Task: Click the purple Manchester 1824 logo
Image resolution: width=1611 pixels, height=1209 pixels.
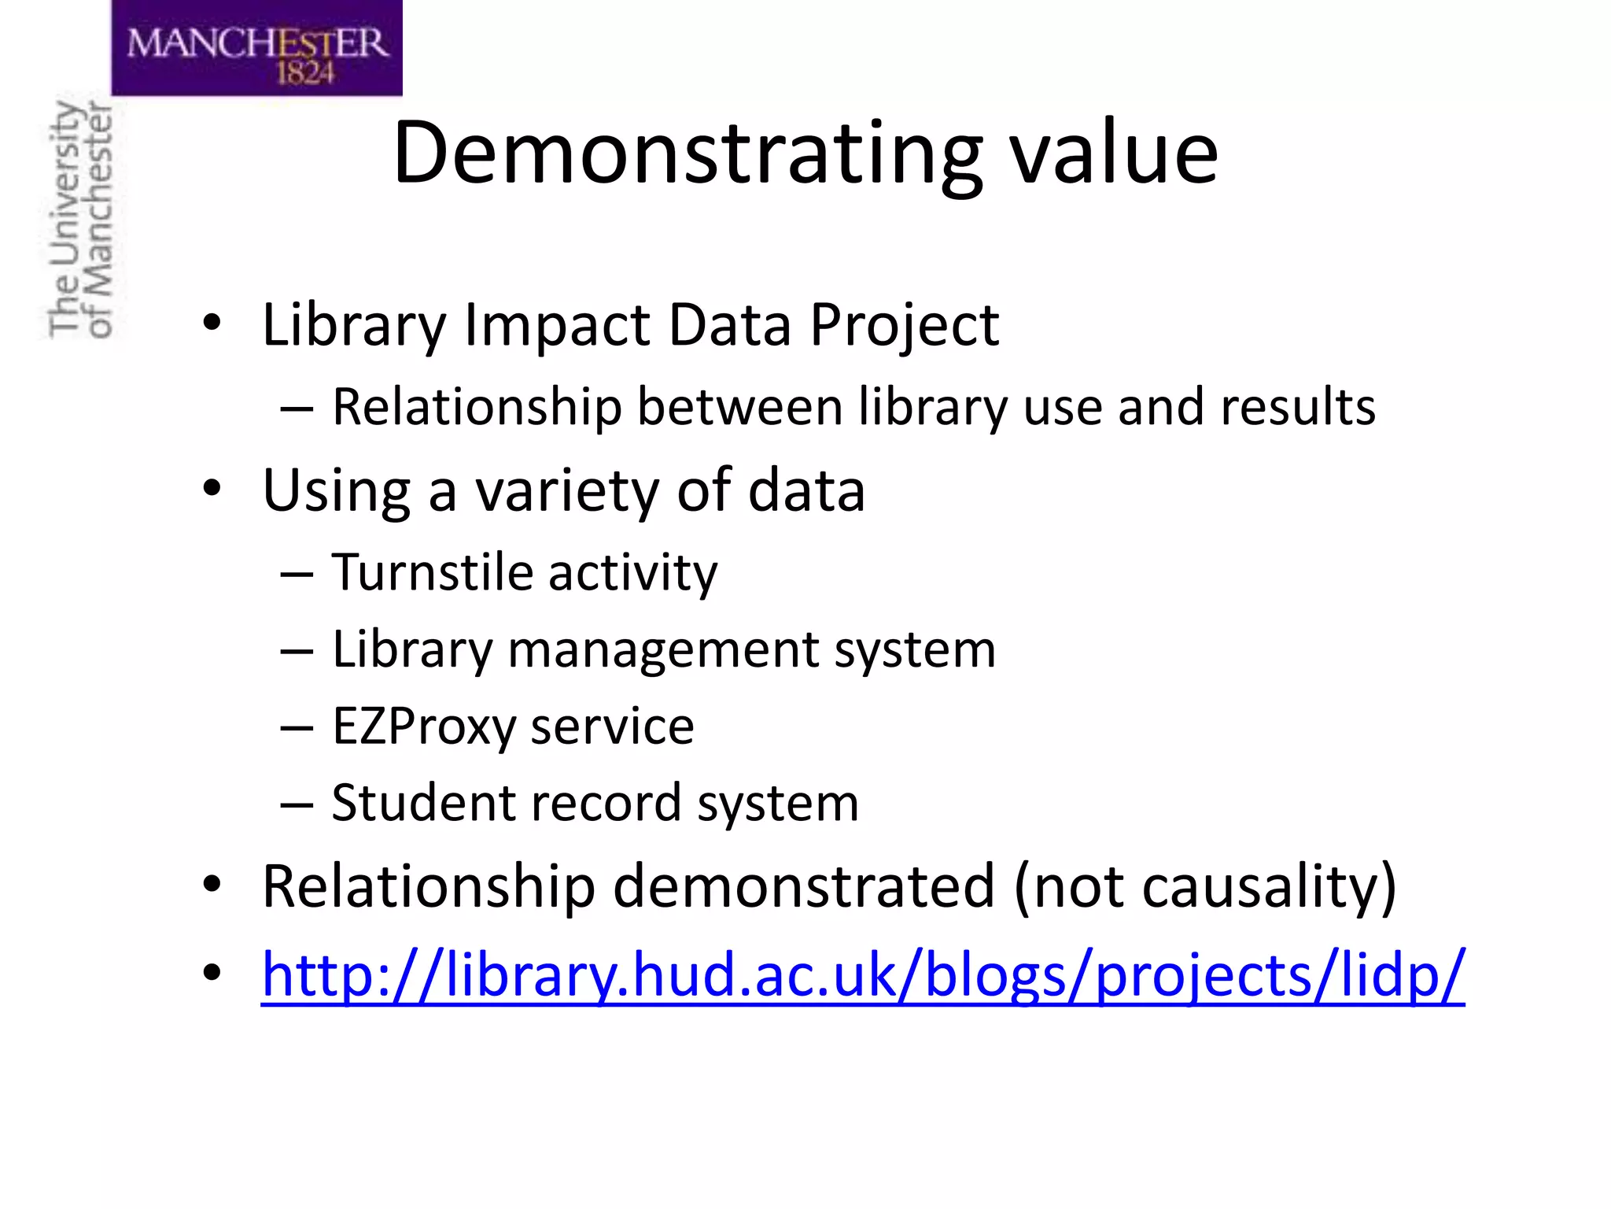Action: coord(256,47)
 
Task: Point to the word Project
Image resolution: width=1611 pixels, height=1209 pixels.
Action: coord(905,324)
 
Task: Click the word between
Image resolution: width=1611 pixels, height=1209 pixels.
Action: coord(740,407)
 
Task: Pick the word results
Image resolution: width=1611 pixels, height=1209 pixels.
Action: coord(1298,407)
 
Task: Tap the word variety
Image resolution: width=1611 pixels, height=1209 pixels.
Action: coord(567,490)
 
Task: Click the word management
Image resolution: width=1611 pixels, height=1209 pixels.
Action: coord(664,650)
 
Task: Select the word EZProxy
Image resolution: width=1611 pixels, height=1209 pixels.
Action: coord(423,727)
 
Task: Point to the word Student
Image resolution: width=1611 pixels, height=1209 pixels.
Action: coord(422,803)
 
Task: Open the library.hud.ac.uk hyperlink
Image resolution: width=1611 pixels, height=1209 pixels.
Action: coord(863,975)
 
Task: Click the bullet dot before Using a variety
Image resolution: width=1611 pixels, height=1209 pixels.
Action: coord(212,489)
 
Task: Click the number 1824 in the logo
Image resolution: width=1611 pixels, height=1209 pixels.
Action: coord(305,73)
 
